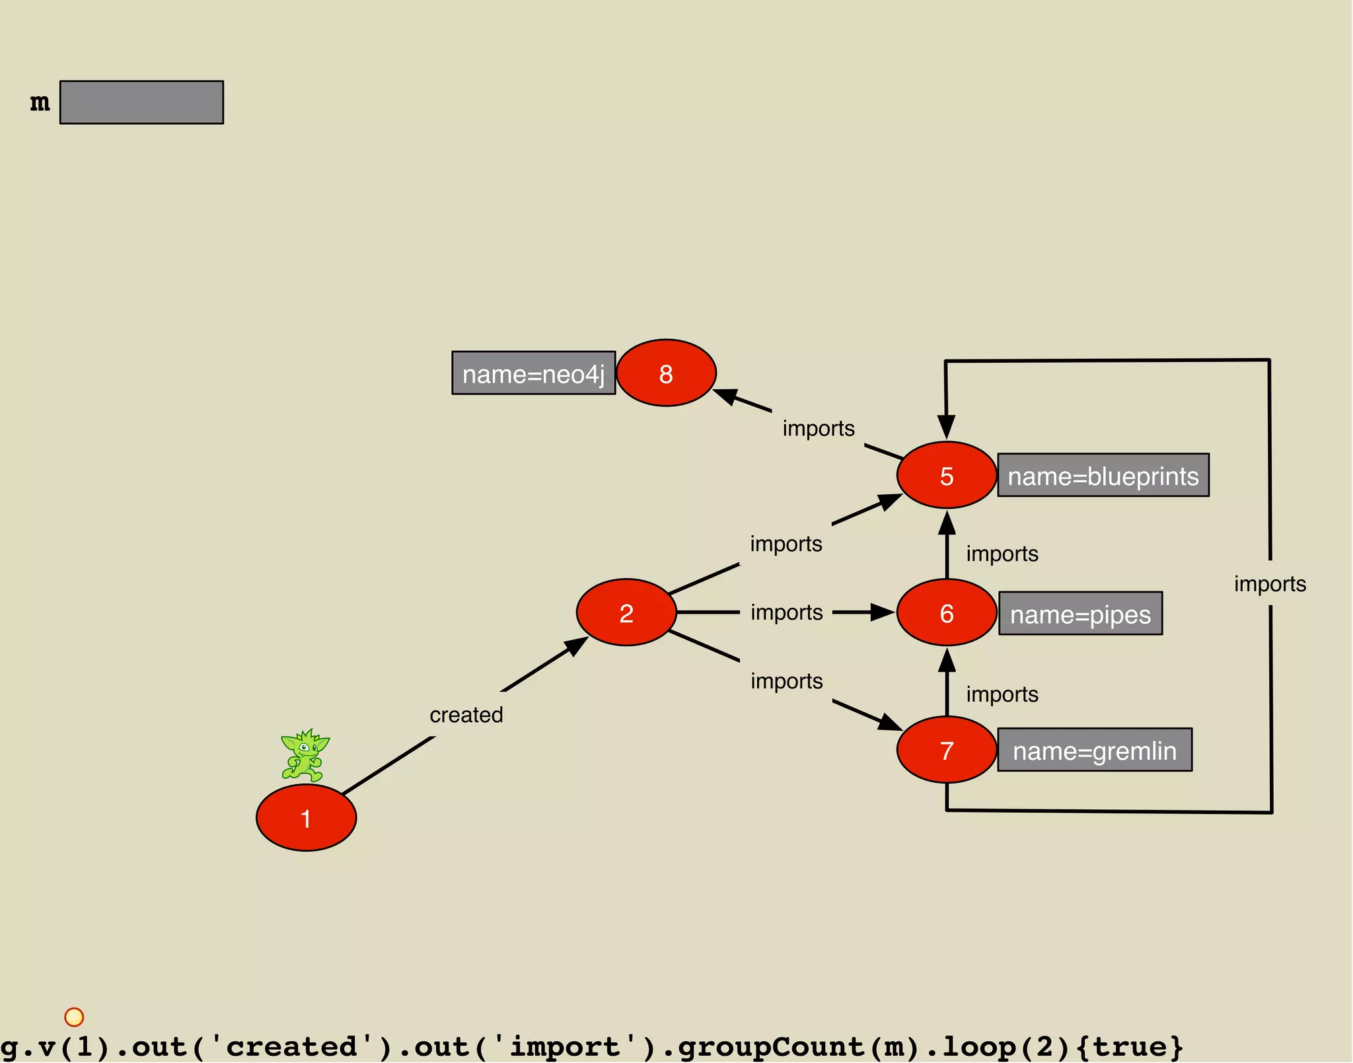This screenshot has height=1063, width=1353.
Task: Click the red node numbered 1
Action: [306, 818]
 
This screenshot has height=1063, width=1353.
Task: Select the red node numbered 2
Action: [626, 612]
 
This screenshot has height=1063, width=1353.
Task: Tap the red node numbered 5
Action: [946, 475]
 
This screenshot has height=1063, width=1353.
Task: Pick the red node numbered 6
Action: [946, 612]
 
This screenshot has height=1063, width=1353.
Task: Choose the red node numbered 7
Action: [946, 750]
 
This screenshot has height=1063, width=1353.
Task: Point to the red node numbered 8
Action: [666, 373]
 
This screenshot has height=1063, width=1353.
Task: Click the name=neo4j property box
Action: [533, 373]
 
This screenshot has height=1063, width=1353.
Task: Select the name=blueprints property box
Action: [1103, 475]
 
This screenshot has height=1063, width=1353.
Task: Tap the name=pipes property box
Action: [1080, 613]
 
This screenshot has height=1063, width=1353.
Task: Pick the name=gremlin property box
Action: [1095, 750]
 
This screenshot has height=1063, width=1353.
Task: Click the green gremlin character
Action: [305, 755]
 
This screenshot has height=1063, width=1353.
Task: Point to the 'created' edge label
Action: [466, 715]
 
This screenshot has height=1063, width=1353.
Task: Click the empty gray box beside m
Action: [141, 102]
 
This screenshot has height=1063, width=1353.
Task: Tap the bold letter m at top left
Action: [40, 102]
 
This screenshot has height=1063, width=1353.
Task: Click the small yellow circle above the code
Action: [74, 1017]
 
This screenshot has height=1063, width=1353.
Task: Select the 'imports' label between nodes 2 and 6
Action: [786, 612]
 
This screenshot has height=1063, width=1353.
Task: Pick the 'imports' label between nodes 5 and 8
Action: [819, 428]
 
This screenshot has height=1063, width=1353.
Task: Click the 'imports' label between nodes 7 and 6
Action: [1002, 694]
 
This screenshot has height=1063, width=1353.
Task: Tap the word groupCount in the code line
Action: [770, 1046]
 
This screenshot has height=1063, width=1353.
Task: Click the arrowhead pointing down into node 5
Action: [946, 427]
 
